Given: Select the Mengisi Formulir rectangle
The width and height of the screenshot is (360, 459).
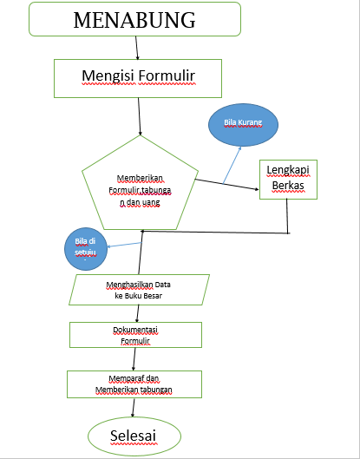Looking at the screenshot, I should point(140,78).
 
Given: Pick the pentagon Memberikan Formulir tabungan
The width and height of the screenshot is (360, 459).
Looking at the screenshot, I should point(139,187).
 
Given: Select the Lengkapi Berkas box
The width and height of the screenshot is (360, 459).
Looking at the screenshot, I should point(287,179).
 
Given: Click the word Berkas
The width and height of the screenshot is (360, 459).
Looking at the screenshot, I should point(287,187).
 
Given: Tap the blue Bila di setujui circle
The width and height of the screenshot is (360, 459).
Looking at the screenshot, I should point(85,248).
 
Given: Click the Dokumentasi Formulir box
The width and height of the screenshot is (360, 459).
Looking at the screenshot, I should point(135,335).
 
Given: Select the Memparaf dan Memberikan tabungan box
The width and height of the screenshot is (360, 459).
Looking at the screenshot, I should point(134,384).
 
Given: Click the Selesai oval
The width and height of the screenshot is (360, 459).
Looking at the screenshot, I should point(134,434).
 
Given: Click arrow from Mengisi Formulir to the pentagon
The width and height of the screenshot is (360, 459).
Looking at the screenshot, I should point(139,115).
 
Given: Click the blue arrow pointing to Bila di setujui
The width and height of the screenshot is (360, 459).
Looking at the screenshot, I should point(123,245).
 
